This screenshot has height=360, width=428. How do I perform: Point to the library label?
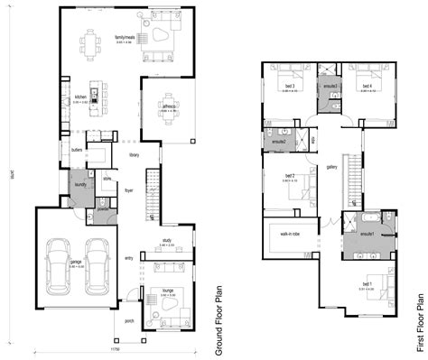tap(134, 154)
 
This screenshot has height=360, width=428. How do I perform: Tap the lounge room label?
tap(168, 291)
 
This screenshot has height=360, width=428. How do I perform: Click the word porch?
tap(129, 319)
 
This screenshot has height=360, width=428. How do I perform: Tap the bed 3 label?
tap(290, 85)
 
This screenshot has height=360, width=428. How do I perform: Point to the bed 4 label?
tap(367, 85)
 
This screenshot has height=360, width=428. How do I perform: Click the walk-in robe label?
tap(291, 233)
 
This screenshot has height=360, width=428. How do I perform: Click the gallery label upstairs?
tap(332, 167)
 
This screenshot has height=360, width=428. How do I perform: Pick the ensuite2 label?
tap(278, 142)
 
